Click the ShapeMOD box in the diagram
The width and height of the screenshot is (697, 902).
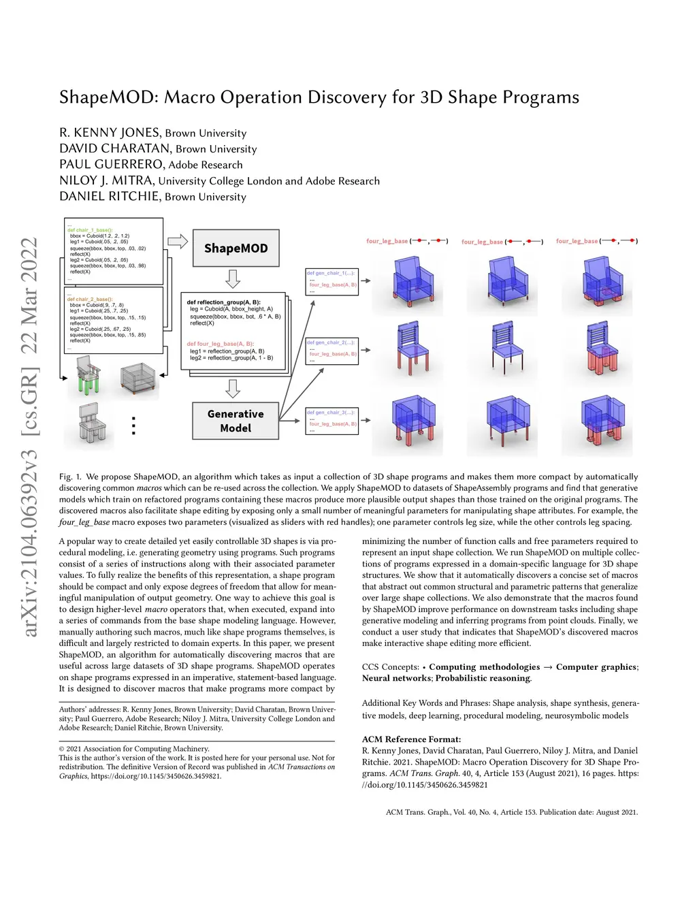tap(236, 248)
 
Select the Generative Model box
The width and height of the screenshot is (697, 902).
tap(236, 421)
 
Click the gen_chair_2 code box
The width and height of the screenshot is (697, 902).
tap(331, 351)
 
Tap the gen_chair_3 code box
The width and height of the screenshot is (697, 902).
tap(331, 421)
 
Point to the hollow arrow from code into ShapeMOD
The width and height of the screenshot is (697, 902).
tap(177, 241)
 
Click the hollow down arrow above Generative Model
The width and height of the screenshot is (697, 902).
tap(233, 389)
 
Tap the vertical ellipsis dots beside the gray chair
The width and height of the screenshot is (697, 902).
tap(133, 425)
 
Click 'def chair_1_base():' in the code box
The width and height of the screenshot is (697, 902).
tap(90, 230)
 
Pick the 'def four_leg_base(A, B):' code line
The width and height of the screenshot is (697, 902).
tap(221, 344)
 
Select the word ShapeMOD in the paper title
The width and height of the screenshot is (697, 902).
tap(108, 97)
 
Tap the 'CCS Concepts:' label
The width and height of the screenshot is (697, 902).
tap(390, 667)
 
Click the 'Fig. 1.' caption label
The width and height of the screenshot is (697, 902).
tap(70, 477)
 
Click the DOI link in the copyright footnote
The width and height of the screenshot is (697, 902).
tap(156, 776)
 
